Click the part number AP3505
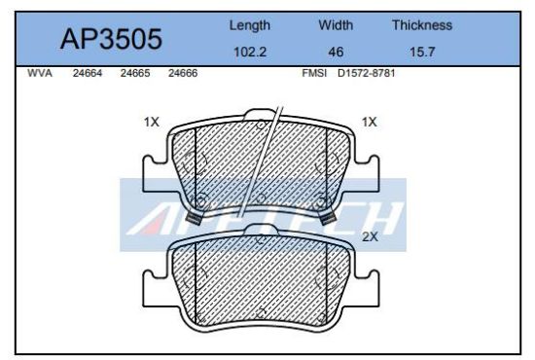click(x=111, y=39)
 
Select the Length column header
click(x=249, y=25)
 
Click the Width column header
click(x=336, y=25)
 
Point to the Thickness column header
click(x=421, y=25)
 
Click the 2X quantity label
click(x=370, y=236)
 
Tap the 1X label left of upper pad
click(x=151, y=123)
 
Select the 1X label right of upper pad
click(x=369, y=123)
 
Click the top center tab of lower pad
click(x=260, y=231)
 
